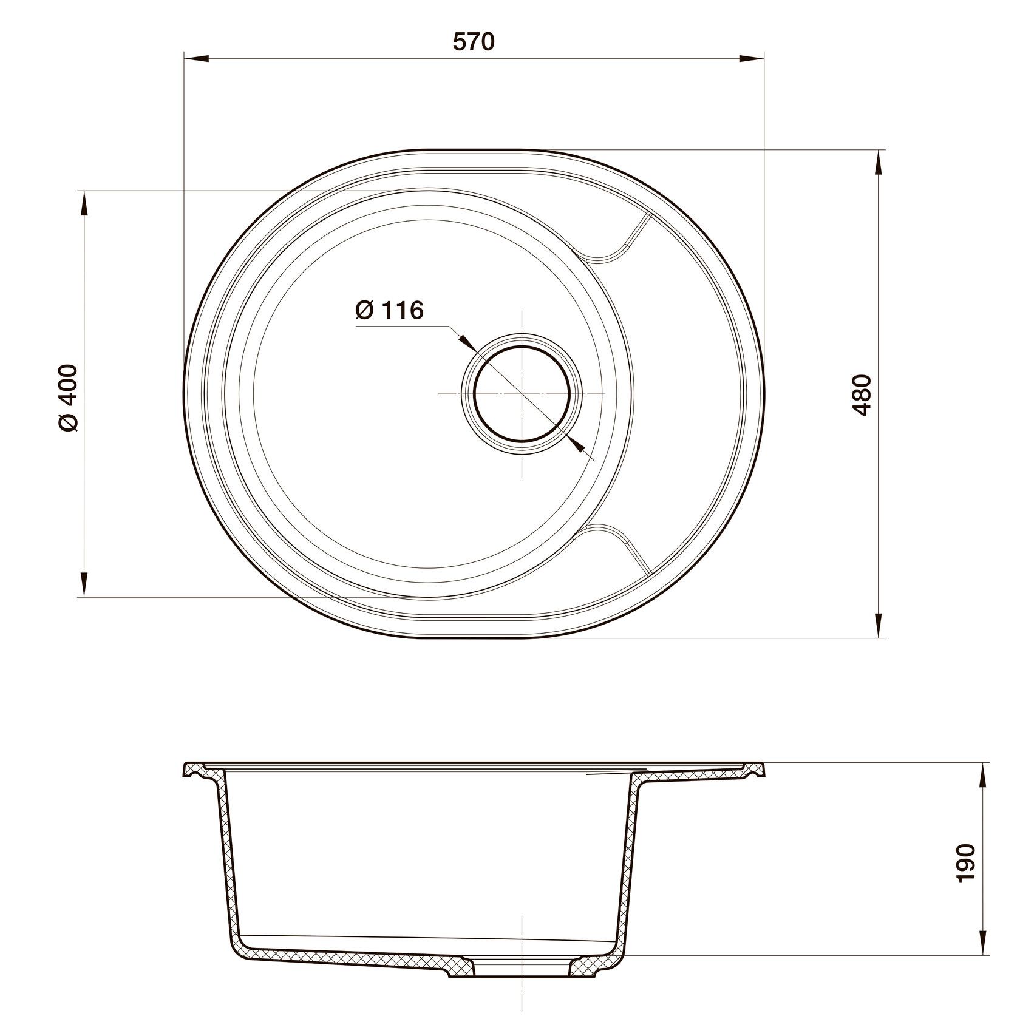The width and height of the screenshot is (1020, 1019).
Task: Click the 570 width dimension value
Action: (x=474, y=41)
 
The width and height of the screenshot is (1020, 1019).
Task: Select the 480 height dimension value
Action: (x=862, y=394)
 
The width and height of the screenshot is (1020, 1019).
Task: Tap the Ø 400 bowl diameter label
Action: (x=69, y=398)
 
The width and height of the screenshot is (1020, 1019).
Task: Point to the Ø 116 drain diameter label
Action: (x=389, y=310)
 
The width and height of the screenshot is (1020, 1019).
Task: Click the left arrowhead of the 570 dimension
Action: (x=196, y=59)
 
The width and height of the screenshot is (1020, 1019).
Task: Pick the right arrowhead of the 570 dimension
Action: (x=751, y=59)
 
